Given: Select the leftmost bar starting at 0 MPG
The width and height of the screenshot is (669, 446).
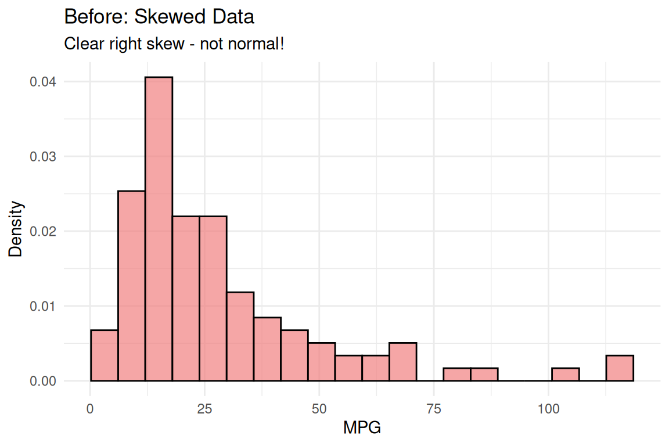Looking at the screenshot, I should [104, 355].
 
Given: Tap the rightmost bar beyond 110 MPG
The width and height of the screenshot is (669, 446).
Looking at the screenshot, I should [620, 368].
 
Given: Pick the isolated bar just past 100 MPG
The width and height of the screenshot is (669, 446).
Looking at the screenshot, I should [565, 375].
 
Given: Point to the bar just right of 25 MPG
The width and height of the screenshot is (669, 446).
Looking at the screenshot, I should [213, 298].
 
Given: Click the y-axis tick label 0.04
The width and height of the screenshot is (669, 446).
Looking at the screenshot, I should [43, 82].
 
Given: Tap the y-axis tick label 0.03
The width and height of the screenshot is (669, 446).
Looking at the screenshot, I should [43, 157].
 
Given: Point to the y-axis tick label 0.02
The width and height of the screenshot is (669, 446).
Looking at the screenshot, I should [43, 232].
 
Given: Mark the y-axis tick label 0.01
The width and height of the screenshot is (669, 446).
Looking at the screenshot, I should [43, 307].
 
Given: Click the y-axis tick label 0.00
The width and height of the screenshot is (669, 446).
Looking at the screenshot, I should [43, 382].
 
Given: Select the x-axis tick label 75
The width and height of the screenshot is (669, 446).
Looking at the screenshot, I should [434, 409].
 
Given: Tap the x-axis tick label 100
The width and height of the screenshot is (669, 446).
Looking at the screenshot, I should [548, 409].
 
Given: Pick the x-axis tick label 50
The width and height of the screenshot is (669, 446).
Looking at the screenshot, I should [319, 409].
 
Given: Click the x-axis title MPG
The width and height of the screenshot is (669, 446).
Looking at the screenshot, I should [362, 429].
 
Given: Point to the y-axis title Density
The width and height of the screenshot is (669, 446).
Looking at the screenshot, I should [16, 229].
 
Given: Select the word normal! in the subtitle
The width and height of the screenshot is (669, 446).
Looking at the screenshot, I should [260, 44].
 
